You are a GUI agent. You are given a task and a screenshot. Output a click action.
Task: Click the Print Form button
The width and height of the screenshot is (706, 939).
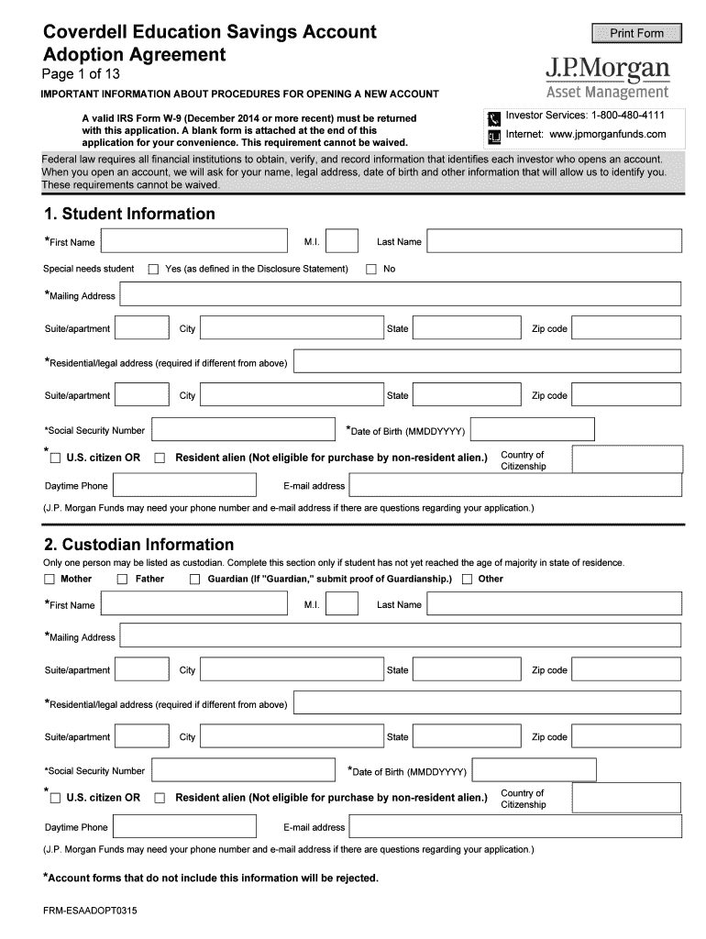pos(637,34)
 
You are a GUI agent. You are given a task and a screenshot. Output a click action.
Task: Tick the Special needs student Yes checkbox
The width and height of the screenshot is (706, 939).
pos(154,269)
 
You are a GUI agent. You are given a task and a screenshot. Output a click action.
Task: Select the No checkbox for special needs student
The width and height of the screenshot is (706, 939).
pos(371,269)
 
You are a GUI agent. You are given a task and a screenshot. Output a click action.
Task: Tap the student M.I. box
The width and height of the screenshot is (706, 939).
pos(342,241)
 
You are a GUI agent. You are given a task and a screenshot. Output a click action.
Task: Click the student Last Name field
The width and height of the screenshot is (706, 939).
pos(554,241)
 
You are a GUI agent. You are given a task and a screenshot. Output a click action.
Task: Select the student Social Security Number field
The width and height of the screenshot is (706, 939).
pos(243,429)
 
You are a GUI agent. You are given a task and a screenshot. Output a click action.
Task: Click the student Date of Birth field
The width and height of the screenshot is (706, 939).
pos(532,429)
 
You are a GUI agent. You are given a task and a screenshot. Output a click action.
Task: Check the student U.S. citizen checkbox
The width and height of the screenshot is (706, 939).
pos(56,458)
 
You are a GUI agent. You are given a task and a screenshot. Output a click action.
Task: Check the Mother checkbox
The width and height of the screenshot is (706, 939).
pos(50,579)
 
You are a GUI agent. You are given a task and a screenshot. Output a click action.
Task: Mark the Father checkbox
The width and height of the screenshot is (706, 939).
pos(123,579)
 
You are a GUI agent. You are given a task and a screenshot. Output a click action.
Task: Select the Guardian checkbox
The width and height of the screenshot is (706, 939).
pos(194,579)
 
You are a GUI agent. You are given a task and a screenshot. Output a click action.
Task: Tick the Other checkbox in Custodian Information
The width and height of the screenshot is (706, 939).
pos(468,579)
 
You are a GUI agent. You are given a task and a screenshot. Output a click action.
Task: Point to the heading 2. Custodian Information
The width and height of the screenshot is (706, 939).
pos(138,544)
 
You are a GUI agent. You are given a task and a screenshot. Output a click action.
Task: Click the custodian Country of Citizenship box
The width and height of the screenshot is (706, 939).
pos(625,798)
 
